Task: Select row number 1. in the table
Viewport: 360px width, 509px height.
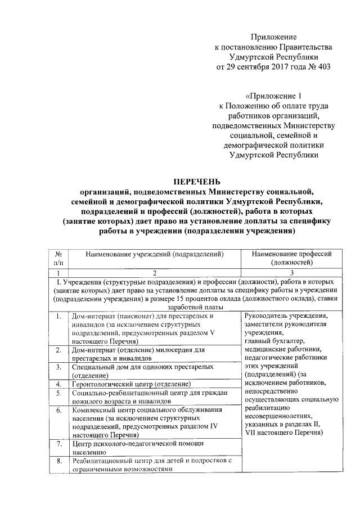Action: click(58, 317)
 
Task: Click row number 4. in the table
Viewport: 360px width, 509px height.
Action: click(58, 384)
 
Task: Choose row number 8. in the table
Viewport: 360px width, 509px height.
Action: click(58, 461)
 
